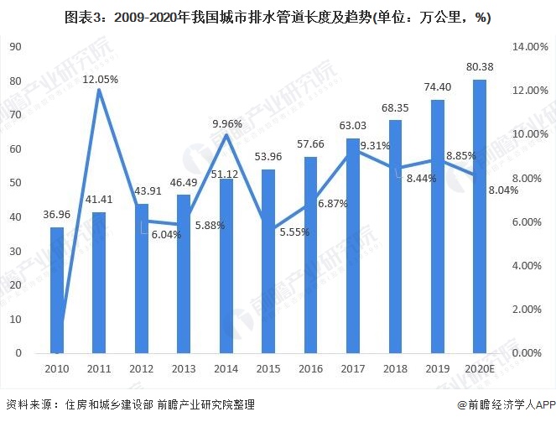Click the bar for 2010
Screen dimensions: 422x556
(x=57, y=289)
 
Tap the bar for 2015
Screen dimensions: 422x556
(x=268, y=261)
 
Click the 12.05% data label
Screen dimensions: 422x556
(x=100, y=79)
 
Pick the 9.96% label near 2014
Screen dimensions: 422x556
(x=226, y=123)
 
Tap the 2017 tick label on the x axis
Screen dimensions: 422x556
(x=353, y=369)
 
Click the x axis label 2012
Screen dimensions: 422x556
(x=142, y=369)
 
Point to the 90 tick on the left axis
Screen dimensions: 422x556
(x=15, y=47)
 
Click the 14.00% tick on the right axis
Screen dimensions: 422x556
(x=527, y=47)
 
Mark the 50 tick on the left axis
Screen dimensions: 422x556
(x=15, y=183)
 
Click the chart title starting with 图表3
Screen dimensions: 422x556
(x=277, y=17)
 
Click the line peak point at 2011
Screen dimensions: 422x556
(x=100, y=90)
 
